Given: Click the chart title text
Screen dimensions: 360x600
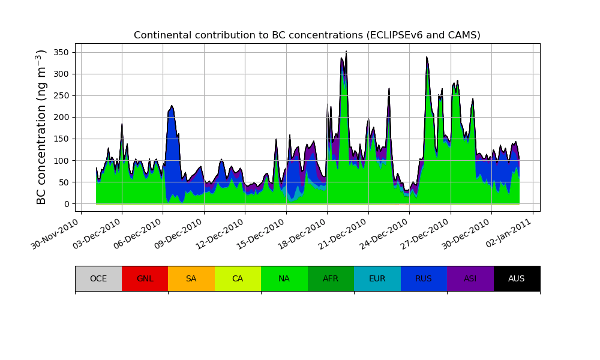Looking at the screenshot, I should (x=307, y=35).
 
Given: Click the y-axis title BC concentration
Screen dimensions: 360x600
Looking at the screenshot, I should (x=41, y=127).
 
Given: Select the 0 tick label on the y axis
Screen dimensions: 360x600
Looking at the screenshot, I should (x=67, y=204).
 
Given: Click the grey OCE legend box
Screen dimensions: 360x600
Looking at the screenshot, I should (x=98, y=278).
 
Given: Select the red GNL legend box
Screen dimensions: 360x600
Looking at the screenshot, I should (x=145, y=278).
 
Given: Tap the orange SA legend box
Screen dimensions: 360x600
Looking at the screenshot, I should (x=191, y=278).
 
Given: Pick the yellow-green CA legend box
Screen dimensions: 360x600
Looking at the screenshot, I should (x=238, y=278).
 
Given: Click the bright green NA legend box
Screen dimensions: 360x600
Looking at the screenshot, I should (x=284, y=278).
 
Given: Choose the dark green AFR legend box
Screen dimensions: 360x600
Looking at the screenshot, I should (x=331, y=278).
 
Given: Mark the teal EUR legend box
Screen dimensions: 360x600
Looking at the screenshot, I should (x=377, y=278).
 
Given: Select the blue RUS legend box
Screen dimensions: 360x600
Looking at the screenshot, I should (x=424, y=278).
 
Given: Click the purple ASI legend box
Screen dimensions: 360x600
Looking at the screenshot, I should (x=470, y=278).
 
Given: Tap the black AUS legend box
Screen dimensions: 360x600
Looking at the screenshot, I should (x=517, y=278).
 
